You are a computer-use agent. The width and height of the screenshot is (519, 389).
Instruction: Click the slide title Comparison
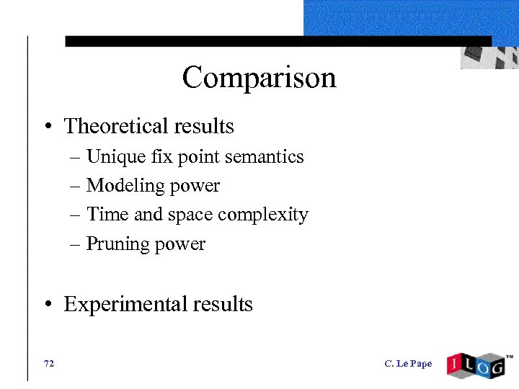click(x=259, y=78)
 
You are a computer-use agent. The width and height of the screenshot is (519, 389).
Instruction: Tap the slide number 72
click(x=49, y=364)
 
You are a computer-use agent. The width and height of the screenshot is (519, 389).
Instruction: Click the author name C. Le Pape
click(x=408, y=364)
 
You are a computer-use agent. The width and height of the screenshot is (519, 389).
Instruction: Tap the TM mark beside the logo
click(x=510, y=357)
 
